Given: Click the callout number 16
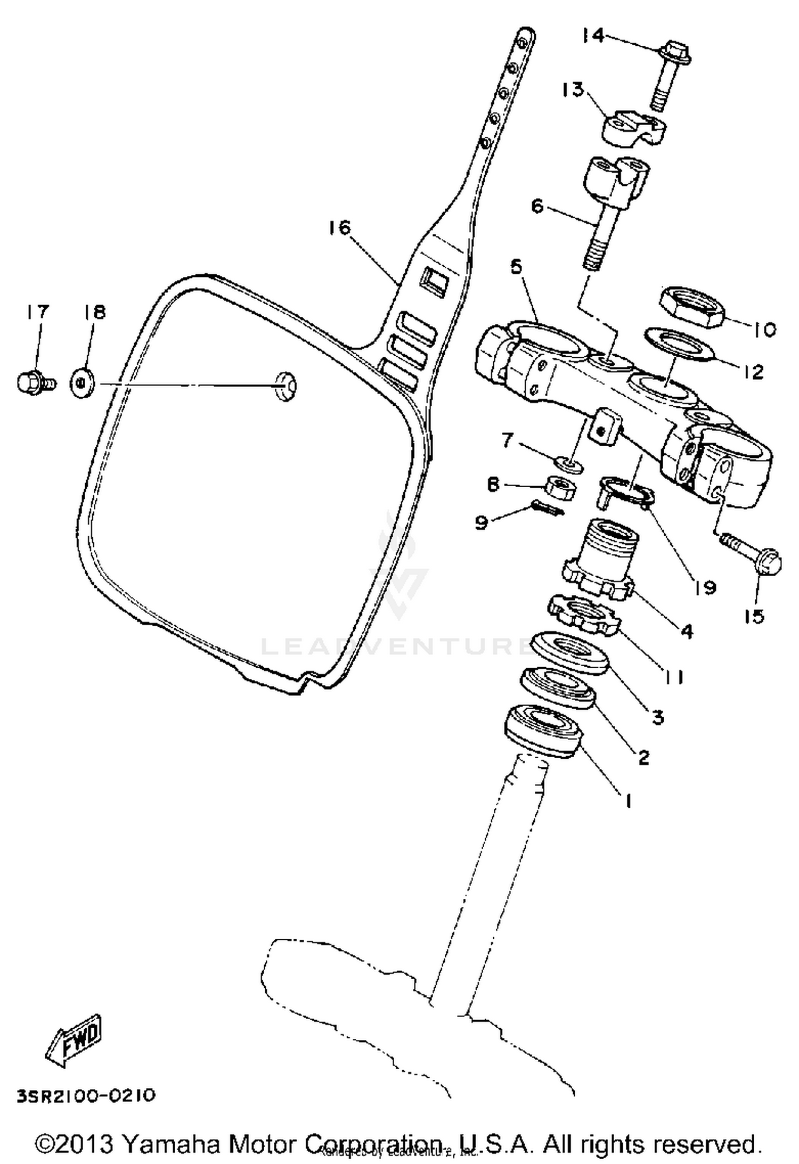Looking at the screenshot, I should click(x=340, y=228).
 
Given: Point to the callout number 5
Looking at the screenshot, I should click(x=516, y=267).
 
